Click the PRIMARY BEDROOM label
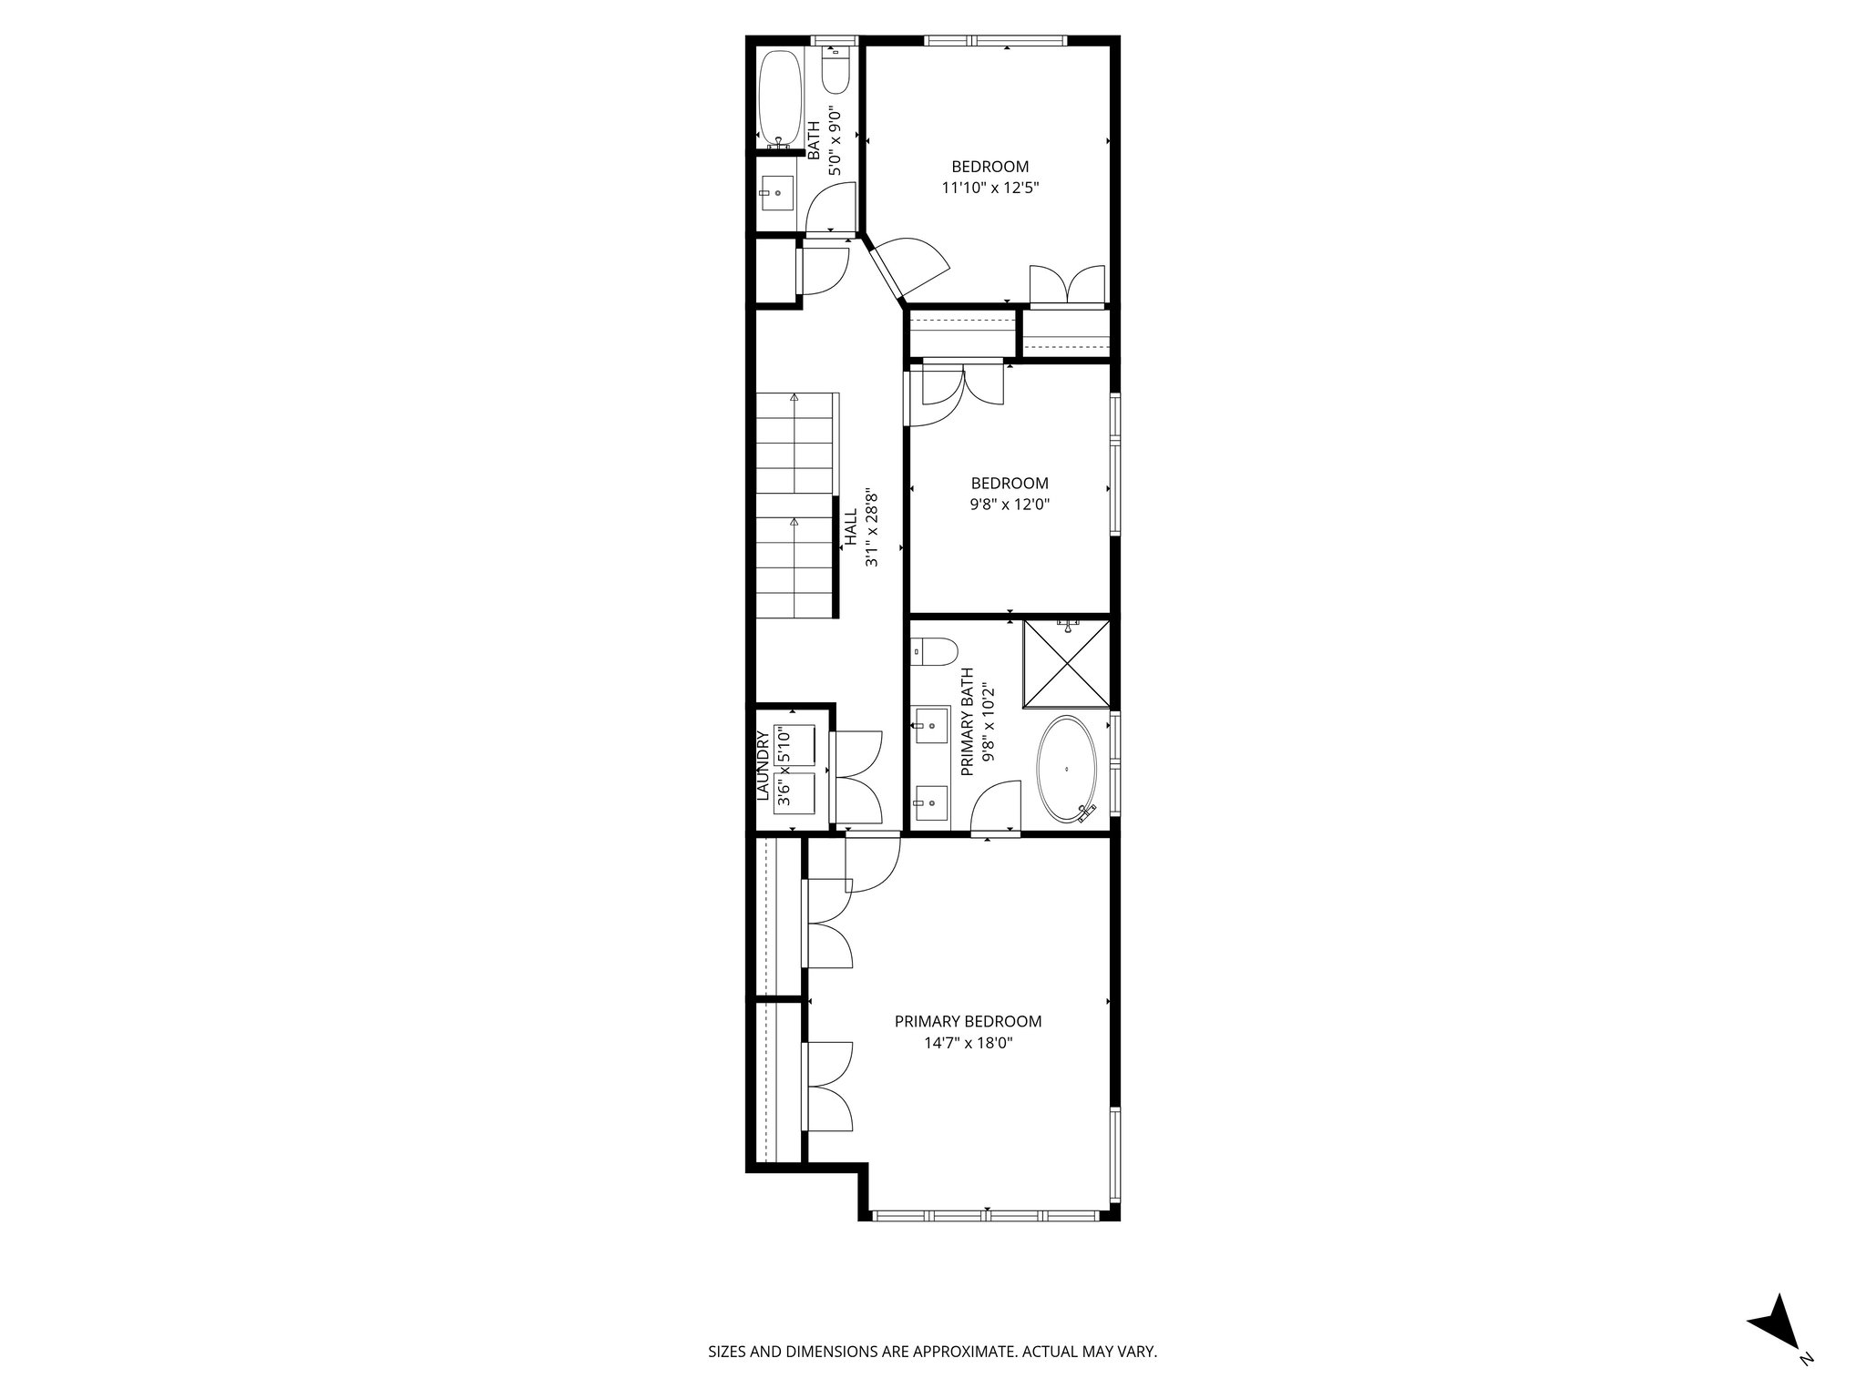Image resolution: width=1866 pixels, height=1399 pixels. coord(968,1021)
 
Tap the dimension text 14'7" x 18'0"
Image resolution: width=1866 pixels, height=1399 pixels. coord(968,1044)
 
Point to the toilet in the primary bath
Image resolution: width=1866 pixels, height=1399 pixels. coord(936,652)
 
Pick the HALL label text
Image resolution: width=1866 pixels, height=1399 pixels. coord(850,528)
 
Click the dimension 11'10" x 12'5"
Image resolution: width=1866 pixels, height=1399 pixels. coord(989,189)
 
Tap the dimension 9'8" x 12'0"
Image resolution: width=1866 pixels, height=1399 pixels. coord(1010,505)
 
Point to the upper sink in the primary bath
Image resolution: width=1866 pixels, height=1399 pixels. coord(932,726)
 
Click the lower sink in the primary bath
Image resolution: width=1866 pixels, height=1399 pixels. coord(932,802)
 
